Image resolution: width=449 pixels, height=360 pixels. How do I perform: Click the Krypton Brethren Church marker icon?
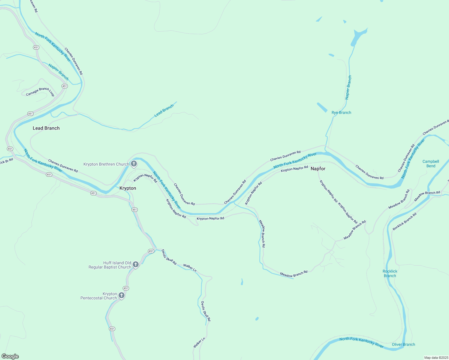[134, 164]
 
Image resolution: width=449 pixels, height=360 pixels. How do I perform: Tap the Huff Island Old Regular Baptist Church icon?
[136, 264]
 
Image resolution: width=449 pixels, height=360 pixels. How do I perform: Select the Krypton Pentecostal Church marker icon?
[122, 295]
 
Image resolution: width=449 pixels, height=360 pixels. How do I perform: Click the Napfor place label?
[318, 169]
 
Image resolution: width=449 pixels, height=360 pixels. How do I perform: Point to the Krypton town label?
[128, 188]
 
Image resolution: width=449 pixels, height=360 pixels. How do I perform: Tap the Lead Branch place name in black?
[46, 128]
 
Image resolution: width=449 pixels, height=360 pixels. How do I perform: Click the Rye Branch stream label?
[341, 112]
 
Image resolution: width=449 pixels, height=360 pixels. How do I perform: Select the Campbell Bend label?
[431, 163]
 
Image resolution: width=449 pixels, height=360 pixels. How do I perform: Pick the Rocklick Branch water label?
[390, 273]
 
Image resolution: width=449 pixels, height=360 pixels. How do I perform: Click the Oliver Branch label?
[403, 344]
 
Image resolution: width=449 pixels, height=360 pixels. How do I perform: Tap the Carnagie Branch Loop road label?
[40, 91]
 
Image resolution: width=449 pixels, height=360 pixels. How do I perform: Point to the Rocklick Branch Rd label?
[405, 221]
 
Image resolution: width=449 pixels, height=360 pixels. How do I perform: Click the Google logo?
[10, 356]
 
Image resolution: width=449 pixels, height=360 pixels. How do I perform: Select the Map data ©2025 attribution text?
[436, 358]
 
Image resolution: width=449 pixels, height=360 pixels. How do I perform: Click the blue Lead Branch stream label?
[164, 111]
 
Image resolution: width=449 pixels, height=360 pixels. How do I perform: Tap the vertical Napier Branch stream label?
[348, 87]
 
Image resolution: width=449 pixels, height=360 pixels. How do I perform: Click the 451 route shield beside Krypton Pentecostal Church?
[126, 288]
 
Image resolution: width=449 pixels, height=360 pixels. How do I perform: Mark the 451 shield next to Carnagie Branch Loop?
[65, 86]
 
